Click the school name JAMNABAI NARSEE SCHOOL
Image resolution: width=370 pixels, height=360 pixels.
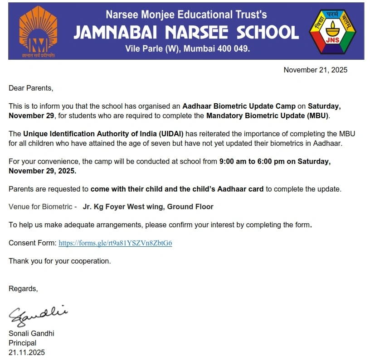[186, 32]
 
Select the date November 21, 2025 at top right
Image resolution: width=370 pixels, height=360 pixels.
[315, 70]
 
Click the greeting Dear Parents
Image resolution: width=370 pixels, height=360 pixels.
[31, 88]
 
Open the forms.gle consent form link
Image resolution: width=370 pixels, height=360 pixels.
[115, 243]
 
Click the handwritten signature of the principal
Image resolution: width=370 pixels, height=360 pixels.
[38, 314]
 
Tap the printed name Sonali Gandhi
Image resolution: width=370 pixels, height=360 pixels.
[31, 333]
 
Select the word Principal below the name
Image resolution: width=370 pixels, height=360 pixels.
[22, 343]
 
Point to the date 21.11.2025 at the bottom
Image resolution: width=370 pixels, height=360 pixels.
[27, 352]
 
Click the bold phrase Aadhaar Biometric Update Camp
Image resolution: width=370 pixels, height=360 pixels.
[239, 106]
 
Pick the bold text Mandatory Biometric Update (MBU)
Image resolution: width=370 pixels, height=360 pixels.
[268, 115]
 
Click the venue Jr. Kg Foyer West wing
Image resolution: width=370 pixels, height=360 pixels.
[148, 206]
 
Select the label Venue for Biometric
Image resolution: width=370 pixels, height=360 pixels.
[42, 206]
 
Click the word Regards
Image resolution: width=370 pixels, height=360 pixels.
[23, 288]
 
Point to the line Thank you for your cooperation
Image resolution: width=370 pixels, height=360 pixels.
[59, 261]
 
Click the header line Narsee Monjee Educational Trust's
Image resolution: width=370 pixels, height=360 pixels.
[186, 15]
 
